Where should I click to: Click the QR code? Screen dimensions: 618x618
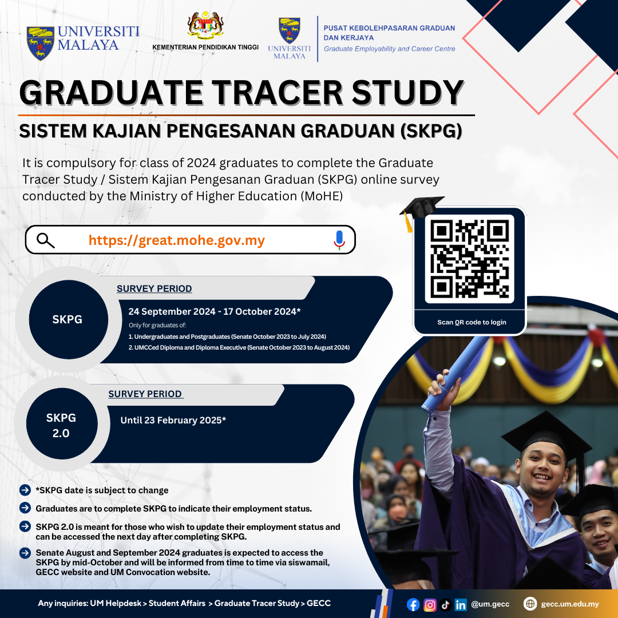(x=469, y=259)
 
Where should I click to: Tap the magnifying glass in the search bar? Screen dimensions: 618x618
(x=45, y=240)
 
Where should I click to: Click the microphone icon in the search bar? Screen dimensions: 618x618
(x=339, y=240)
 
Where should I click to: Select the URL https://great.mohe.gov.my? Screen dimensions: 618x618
(x=177, y=240)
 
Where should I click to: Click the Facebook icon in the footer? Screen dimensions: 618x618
(x=413, y=604)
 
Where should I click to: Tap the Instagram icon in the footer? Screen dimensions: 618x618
(x=430, y=604)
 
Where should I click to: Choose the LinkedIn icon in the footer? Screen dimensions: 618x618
(x=460, y=604)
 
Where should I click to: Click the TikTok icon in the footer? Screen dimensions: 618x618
(x=445, y=604)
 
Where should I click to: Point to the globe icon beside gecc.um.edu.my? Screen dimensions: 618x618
(x=530, y=604)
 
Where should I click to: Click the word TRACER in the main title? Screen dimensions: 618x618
(x=277, y=93)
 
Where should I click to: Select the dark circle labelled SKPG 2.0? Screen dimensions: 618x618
(x=62, y=423)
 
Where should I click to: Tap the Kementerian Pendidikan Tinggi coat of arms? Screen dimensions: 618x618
(x=205, y=25)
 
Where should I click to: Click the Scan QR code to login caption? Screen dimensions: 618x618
(x=472, y=322)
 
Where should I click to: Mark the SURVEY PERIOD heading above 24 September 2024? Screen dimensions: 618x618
(x=154, y=288)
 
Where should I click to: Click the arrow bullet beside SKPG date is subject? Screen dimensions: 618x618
(x=25, y=490)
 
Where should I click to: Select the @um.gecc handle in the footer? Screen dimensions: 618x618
(x=490, y=604)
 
